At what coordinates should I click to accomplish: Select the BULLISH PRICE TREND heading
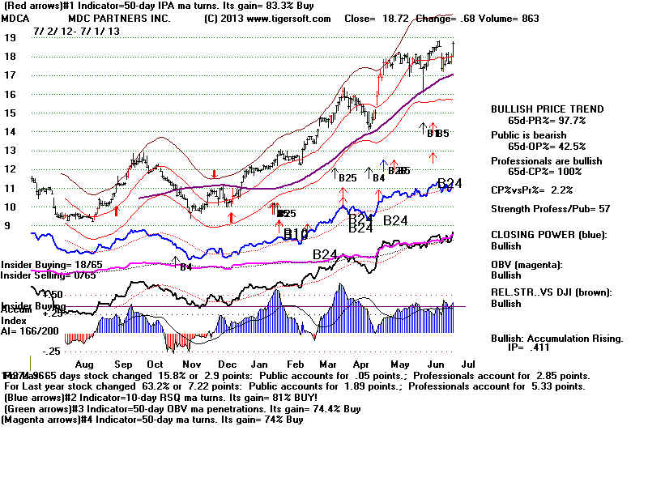548,109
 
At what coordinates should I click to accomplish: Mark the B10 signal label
296,234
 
